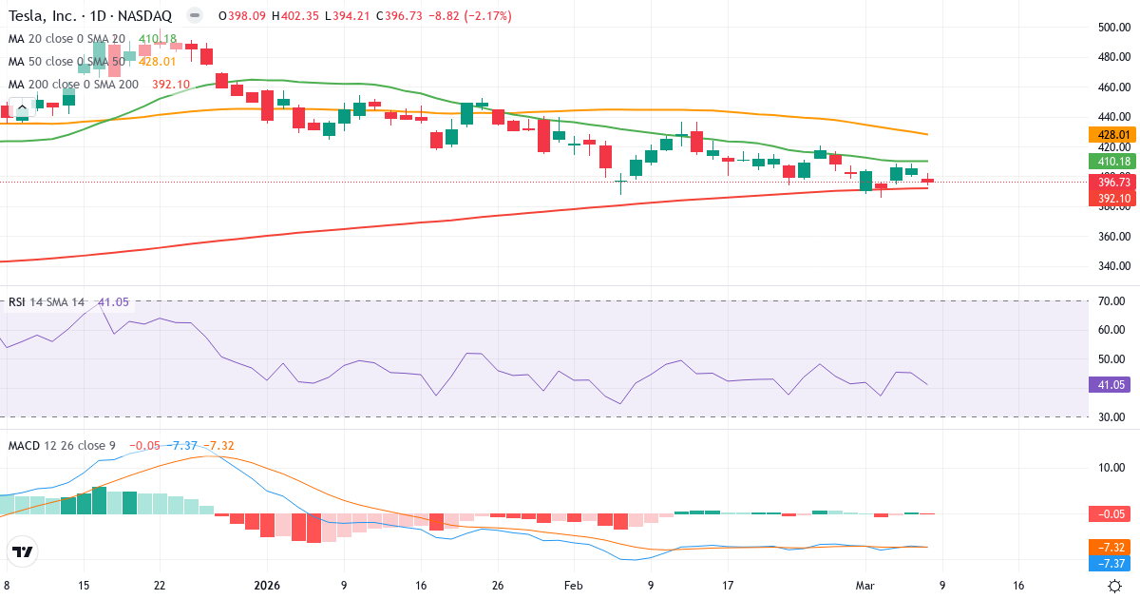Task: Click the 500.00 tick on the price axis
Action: click(1112, 28)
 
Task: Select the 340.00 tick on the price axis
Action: click(1112, 265)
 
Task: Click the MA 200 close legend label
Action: click(73, 84)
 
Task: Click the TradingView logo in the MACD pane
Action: click(23, 551)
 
